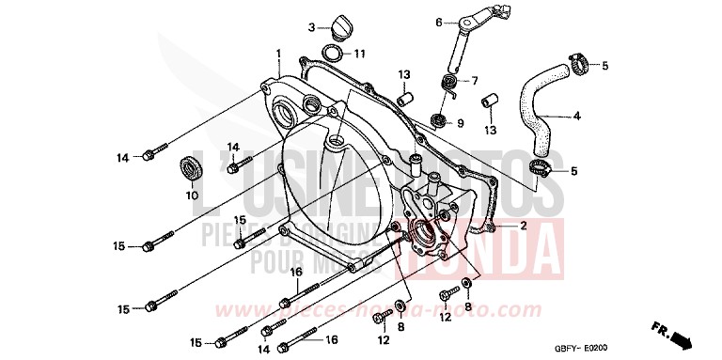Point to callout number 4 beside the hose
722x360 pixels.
577,117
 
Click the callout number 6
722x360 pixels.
438,22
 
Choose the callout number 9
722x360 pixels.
461,123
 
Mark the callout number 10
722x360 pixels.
193,196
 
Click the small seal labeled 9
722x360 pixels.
439,119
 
